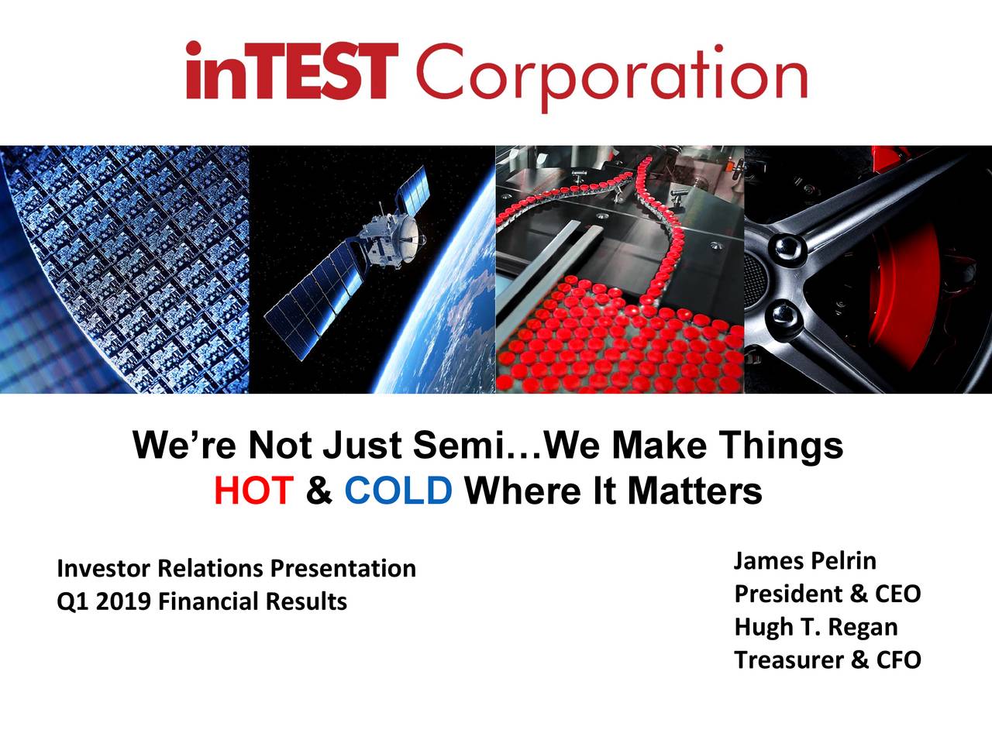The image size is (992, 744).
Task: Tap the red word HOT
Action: point(253,491)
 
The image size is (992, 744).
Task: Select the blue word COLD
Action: point(398,491)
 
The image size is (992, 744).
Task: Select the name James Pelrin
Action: point(804,560)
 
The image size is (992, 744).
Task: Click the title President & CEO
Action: point(827,594)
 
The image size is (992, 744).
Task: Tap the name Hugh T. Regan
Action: point(815,627)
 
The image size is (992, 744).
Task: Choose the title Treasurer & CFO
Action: point(827,660)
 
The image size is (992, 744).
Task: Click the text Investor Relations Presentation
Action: point(236,569)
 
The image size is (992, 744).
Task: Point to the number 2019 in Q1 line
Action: point(126,601)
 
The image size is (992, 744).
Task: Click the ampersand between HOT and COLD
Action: point(319,491)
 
